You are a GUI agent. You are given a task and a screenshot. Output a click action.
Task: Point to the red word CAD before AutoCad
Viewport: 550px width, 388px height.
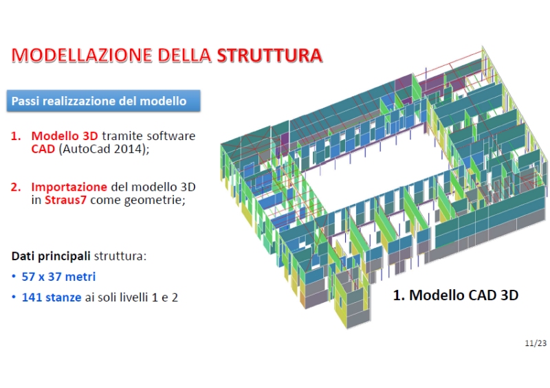click(x=43, y=149)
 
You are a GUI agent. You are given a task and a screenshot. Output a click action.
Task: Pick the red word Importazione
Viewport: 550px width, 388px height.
click(x=69, y=187)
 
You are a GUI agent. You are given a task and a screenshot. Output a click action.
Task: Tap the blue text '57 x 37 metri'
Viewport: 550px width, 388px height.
click(x=58, y=277)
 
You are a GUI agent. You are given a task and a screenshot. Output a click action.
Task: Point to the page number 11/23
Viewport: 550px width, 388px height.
click(x=534, y=341)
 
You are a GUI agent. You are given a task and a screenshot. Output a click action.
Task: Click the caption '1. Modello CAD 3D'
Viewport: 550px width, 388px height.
click(x=455, y=295)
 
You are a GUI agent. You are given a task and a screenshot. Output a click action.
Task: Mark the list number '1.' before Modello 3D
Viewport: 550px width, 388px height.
click(x=16, y=136)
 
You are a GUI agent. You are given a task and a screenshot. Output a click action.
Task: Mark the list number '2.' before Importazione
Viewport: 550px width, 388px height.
click(x=16, y=187)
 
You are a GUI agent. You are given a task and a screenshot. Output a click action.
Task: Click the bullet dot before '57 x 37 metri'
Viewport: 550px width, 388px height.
click(x=14, y=277)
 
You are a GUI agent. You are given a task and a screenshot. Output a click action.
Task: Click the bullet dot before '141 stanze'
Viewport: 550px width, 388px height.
click(x=14, y=298)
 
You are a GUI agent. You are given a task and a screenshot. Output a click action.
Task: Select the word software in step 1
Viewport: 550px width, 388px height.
click(x=173, y=136)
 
